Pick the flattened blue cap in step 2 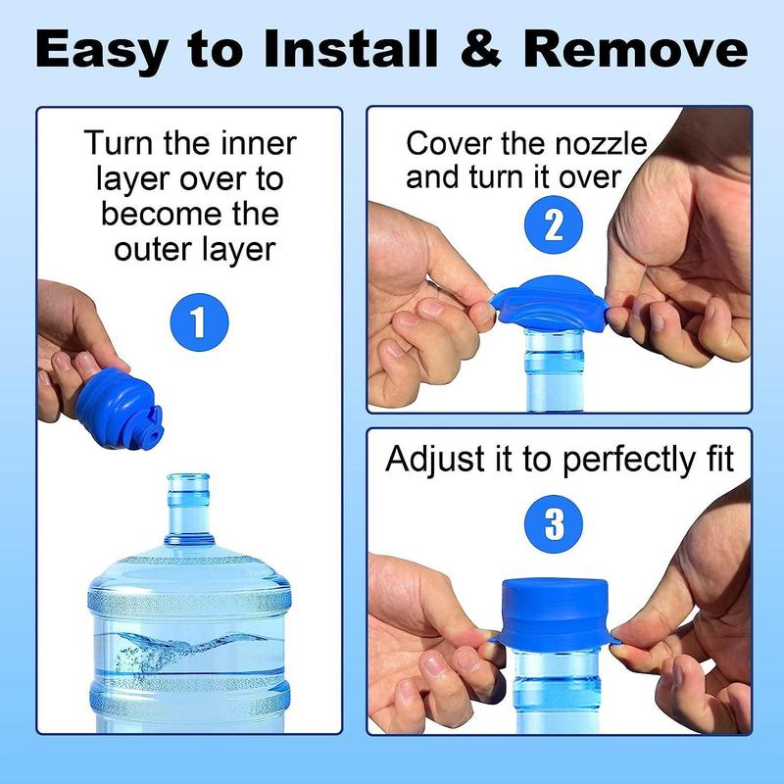tap(551, 299)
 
